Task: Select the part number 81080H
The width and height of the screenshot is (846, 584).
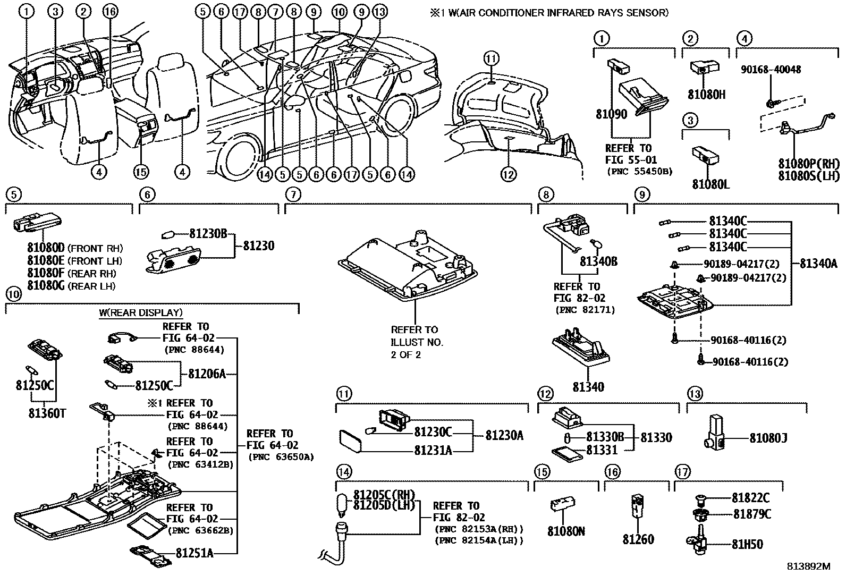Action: click(706, 95)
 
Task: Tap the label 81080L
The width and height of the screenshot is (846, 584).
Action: click(710, 184)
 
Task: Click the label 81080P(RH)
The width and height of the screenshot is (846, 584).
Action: click(809, 164)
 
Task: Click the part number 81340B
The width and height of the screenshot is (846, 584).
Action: click(598, 261)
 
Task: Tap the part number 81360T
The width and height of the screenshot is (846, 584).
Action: click(47, 413)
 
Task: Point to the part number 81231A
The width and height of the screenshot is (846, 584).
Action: click(433, 451)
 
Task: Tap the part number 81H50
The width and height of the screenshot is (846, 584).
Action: click(747, 544)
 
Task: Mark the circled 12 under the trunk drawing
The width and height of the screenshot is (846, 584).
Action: click(508, 174)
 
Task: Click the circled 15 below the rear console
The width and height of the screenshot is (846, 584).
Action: click(141, 172)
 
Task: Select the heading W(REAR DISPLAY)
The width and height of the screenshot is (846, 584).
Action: click(140, 313)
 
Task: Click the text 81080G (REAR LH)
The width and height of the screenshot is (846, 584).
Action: click(71, 286)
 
